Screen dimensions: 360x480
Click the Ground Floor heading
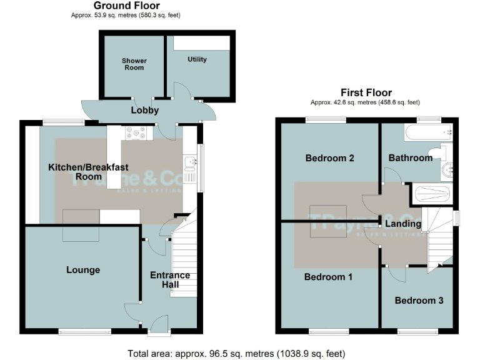coord(127,6)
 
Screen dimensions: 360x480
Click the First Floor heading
coord(366,92)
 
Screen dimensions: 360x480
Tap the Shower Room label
coord(134,64)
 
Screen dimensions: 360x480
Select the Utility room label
coord(197,59)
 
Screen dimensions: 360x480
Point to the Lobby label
coord(144,111)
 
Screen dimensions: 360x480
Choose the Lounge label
coord(83,270)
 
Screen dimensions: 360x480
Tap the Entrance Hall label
coord(170,279)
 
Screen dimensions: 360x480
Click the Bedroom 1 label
coord(328,276)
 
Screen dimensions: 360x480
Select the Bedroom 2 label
coord(329,158)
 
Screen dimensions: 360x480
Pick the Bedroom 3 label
coord(419,301)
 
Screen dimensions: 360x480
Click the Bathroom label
coord(411,158)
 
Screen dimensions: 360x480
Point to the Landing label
coord(402,224)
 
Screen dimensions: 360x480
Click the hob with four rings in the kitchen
coord(136,133)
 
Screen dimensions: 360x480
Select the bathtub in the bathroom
coord(428,132)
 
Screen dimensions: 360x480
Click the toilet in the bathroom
coord(445,152)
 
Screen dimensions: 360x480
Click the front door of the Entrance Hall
coord(159,324)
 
